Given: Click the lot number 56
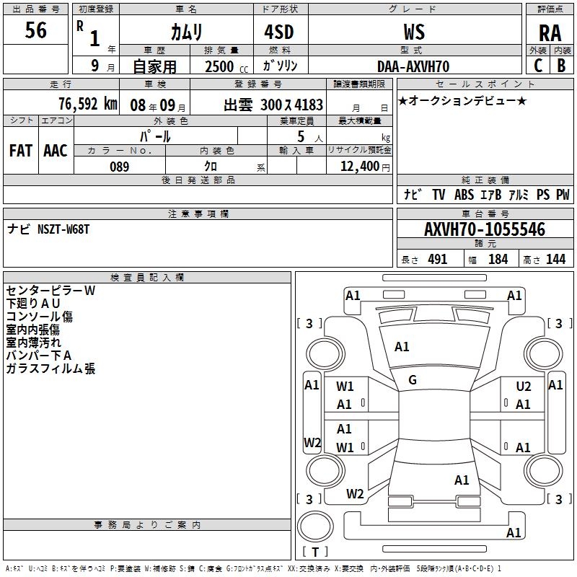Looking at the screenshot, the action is click(x=35, y=31).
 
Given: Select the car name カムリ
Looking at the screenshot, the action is click(x=186, y=32).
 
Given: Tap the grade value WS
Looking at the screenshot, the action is click(x=413, y=32).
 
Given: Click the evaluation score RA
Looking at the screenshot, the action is click(x=550, y=33).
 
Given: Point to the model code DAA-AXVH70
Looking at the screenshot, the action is click(x=413, y=66).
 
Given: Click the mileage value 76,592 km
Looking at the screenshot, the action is click(x=87, y=103).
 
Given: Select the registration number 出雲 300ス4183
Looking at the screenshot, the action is click(x=273, y=104).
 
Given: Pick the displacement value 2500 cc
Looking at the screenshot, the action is click(x=226, y=66).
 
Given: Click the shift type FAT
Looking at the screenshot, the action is click(x=20, y=150).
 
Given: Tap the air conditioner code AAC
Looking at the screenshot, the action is click(x=55, y=150).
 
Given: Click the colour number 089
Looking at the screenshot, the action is click(x=119, y=167).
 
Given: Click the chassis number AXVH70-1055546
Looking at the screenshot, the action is click(x=485, y=230).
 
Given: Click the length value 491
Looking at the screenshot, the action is click(x=437, y=260).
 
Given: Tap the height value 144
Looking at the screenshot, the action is click(x=555, y=260).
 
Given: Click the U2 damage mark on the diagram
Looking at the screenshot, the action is click(x=524, y=387).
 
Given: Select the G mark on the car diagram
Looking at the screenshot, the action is click(x=413, y=379).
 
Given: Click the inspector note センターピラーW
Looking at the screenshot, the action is click(x=50, y=291).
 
